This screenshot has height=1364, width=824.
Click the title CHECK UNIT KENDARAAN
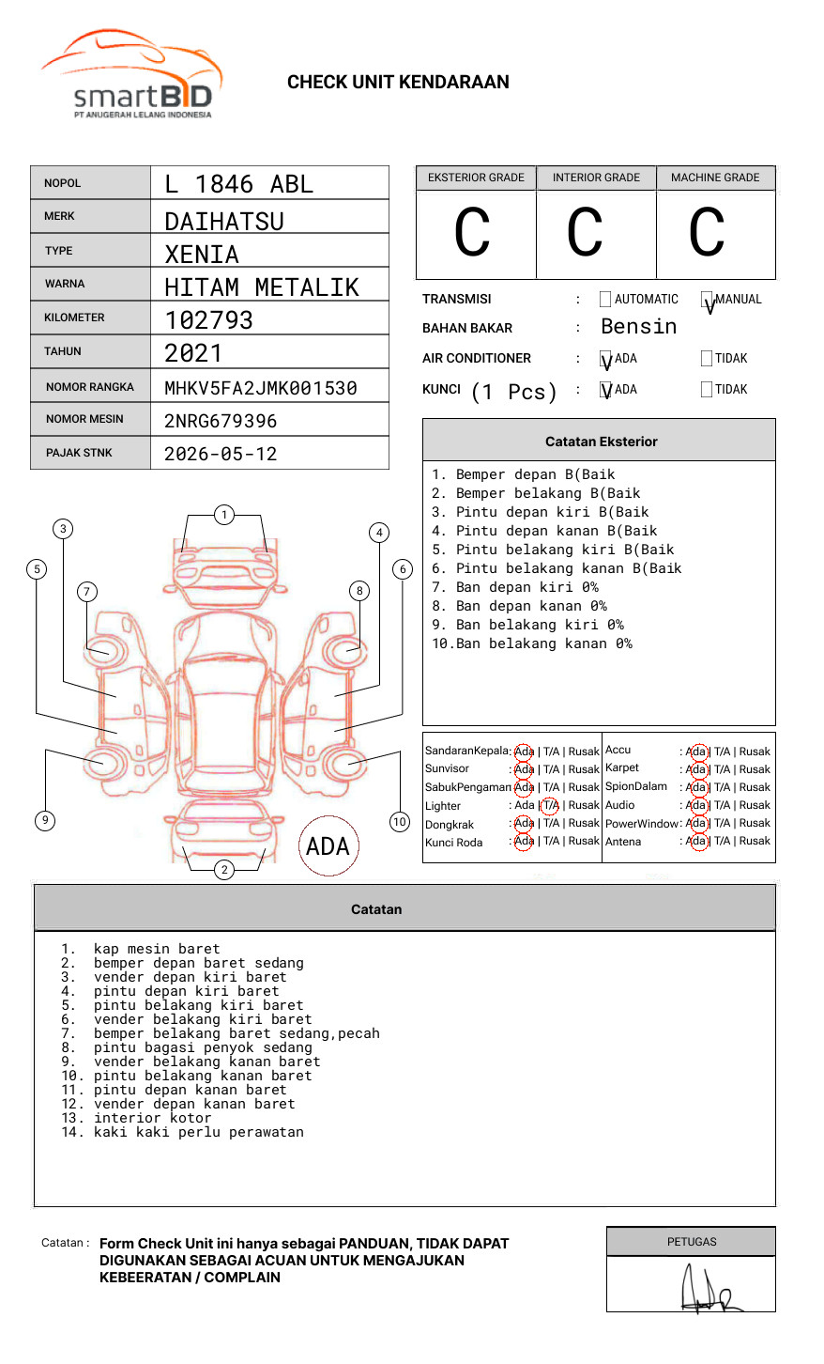[x=398, y=83]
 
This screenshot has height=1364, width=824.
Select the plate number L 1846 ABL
[x=238, y=184]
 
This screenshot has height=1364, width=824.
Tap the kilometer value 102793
[x=208, y=320]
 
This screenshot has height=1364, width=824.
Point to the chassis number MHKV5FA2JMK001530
[x=260, y=388]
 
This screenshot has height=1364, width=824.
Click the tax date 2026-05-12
[x=221, y=455]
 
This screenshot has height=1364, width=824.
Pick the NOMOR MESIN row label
[x=84, y=419]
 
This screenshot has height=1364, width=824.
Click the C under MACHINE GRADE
[x=707, y=232]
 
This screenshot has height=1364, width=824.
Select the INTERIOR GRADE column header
[x=596, y=178]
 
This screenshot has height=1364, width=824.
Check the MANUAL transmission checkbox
[x=707, y=300]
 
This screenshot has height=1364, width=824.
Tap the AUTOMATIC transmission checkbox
[x=605, y=300]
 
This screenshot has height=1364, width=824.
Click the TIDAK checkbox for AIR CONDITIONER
[x=707, y=359]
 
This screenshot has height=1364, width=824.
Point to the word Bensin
[x=638, y=327]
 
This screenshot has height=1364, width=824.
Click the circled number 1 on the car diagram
[x=223, y=515]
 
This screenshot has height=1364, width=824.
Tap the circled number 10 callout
[x=400, y=822]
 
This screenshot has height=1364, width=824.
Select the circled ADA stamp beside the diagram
[x=328, y=846]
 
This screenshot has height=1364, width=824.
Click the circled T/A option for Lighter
[x=550, y=806]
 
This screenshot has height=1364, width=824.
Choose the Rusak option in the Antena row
[x=755, y=842]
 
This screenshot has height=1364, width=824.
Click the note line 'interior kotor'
[x=152, y=1119]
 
